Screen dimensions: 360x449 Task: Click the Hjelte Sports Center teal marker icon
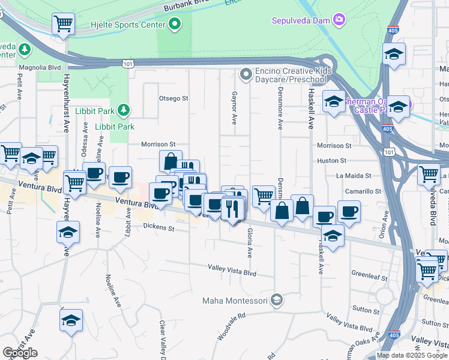click(175, 25)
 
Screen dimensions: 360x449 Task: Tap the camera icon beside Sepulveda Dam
click(340, 20)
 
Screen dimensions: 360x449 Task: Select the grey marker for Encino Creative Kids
click(245, 75)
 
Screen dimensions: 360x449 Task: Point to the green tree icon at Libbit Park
click(123, 110)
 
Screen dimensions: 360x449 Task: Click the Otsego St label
click(173, 98)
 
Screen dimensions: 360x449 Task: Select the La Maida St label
click(354, 176)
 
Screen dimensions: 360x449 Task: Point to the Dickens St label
click(159, 227)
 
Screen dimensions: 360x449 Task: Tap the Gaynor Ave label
click(234, 109)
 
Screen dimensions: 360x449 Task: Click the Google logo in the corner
click(20, 353)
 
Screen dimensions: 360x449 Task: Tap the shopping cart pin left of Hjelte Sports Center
click(63, 24)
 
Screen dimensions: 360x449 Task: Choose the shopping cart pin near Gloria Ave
click(263, 196)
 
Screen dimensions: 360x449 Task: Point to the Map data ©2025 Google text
click(411, 355)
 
